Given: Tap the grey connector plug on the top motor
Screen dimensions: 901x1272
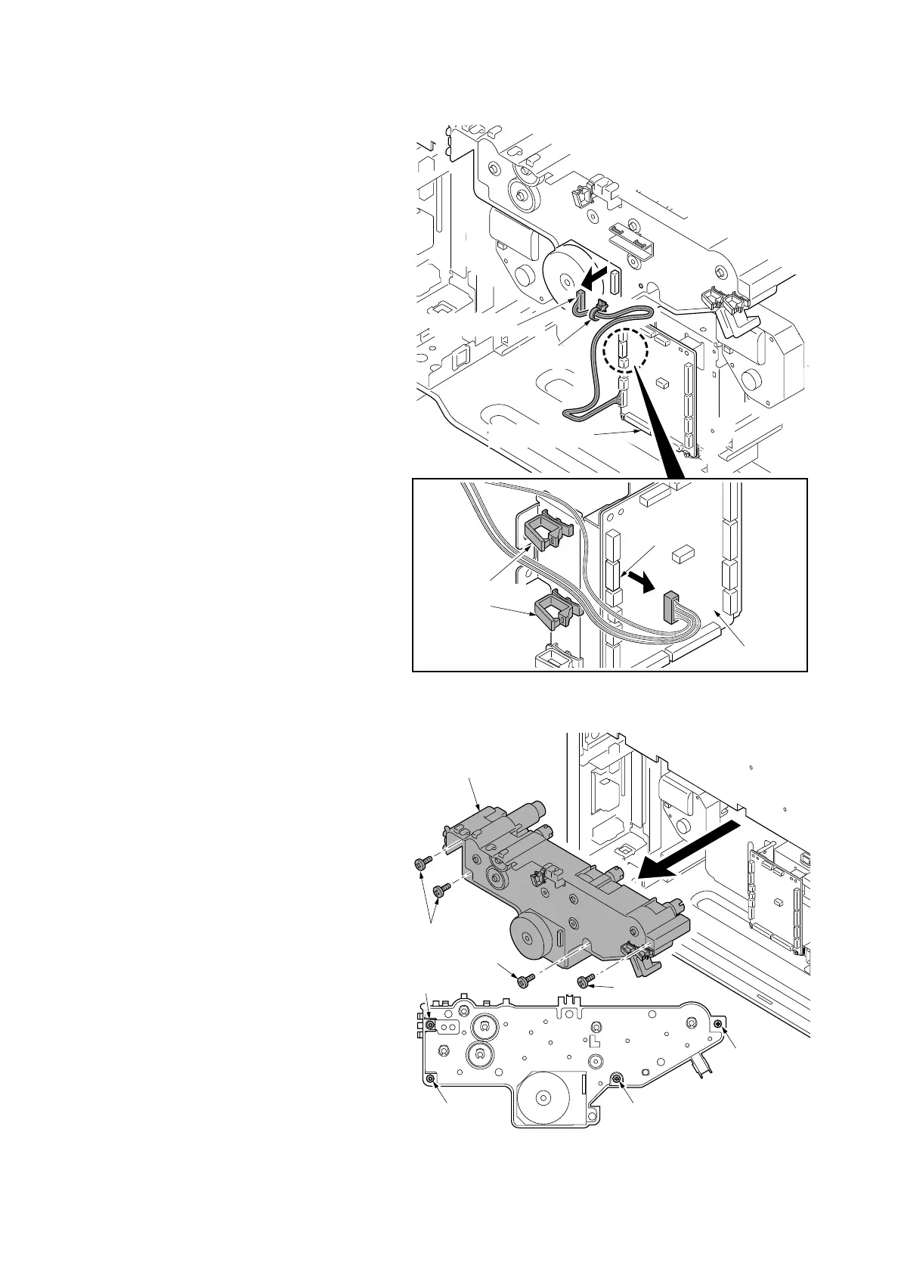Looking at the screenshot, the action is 581,302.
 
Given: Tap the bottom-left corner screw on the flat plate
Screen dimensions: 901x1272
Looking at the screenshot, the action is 432,1078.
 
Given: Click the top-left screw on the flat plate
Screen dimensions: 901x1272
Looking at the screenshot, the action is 429,1024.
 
